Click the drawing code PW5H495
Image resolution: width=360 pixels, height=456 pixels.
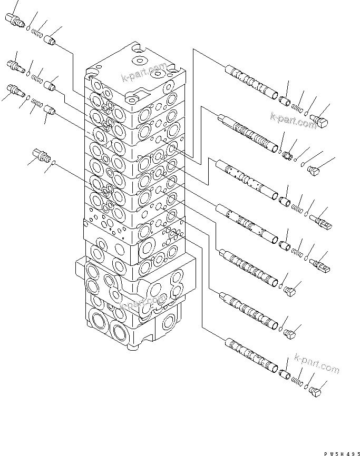tap(336, 452)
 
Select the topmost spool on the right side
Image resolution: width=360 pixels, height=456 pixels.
tap(252, 82)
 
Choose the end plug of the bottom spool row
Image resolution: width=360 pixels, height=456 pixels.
tap(316, 391)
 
